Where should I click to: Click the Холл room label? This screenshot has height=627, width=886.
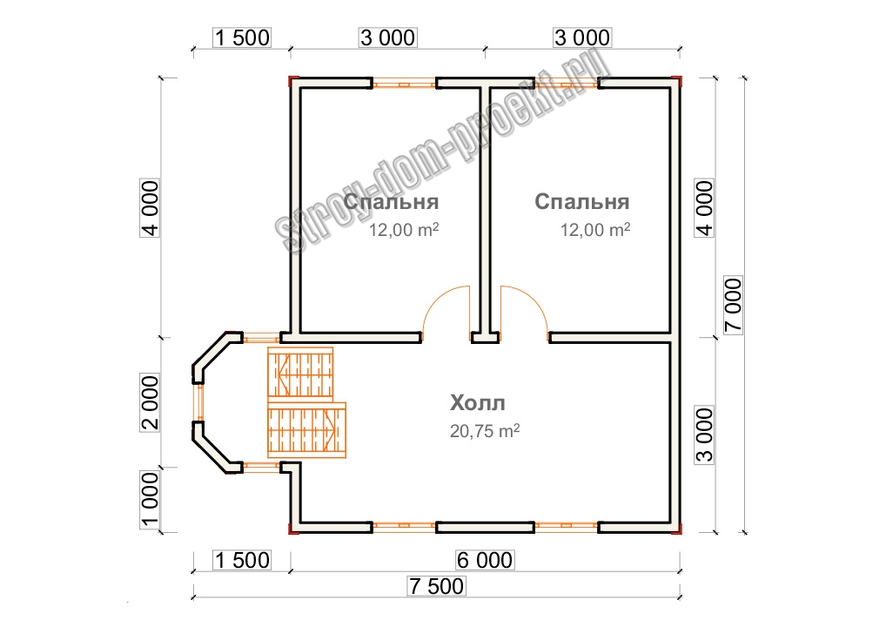click(x=478, y=403)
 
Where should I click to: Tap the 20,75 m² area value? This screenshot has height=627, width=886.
click(x=485, y=431)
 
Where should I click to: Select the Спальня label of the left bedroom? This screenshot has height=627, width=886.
click(x=391, y=202)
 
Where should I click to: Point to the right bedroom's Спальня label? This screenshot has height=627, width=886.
click(x=582, y=202)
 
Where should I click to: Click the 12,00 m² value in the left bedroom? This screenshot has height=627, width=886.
click(x=404, y=230)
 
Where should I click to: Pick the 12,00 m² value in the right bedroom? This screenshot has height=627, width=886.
click(x=595, y=230)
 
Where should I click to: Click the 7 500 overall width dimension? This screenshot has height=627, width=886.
click(x=437, y=586)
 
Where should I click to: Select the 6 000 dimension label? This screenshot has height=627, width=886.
click(x=485, y=560)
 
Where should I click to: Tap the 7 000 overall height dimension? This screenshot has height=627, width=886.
click(x=733, y=306)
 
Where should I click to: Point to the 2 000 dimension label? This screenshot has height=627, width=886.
click(x=150, y=403)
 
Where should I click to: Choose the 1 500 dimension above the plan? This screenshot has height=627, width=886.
click(x=243, y=37)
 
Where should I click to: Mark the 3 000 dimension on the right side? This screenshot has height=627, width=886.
click(x=705, y=435)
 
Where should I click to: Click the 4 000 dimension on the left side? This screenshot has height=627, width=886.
click(x=150, y=208)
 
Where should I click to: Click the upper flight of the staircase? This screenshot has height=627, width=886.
click(x=300, y=373)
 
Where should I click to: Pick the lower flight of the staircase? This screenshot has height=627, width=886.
click(x=307, y=429)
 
